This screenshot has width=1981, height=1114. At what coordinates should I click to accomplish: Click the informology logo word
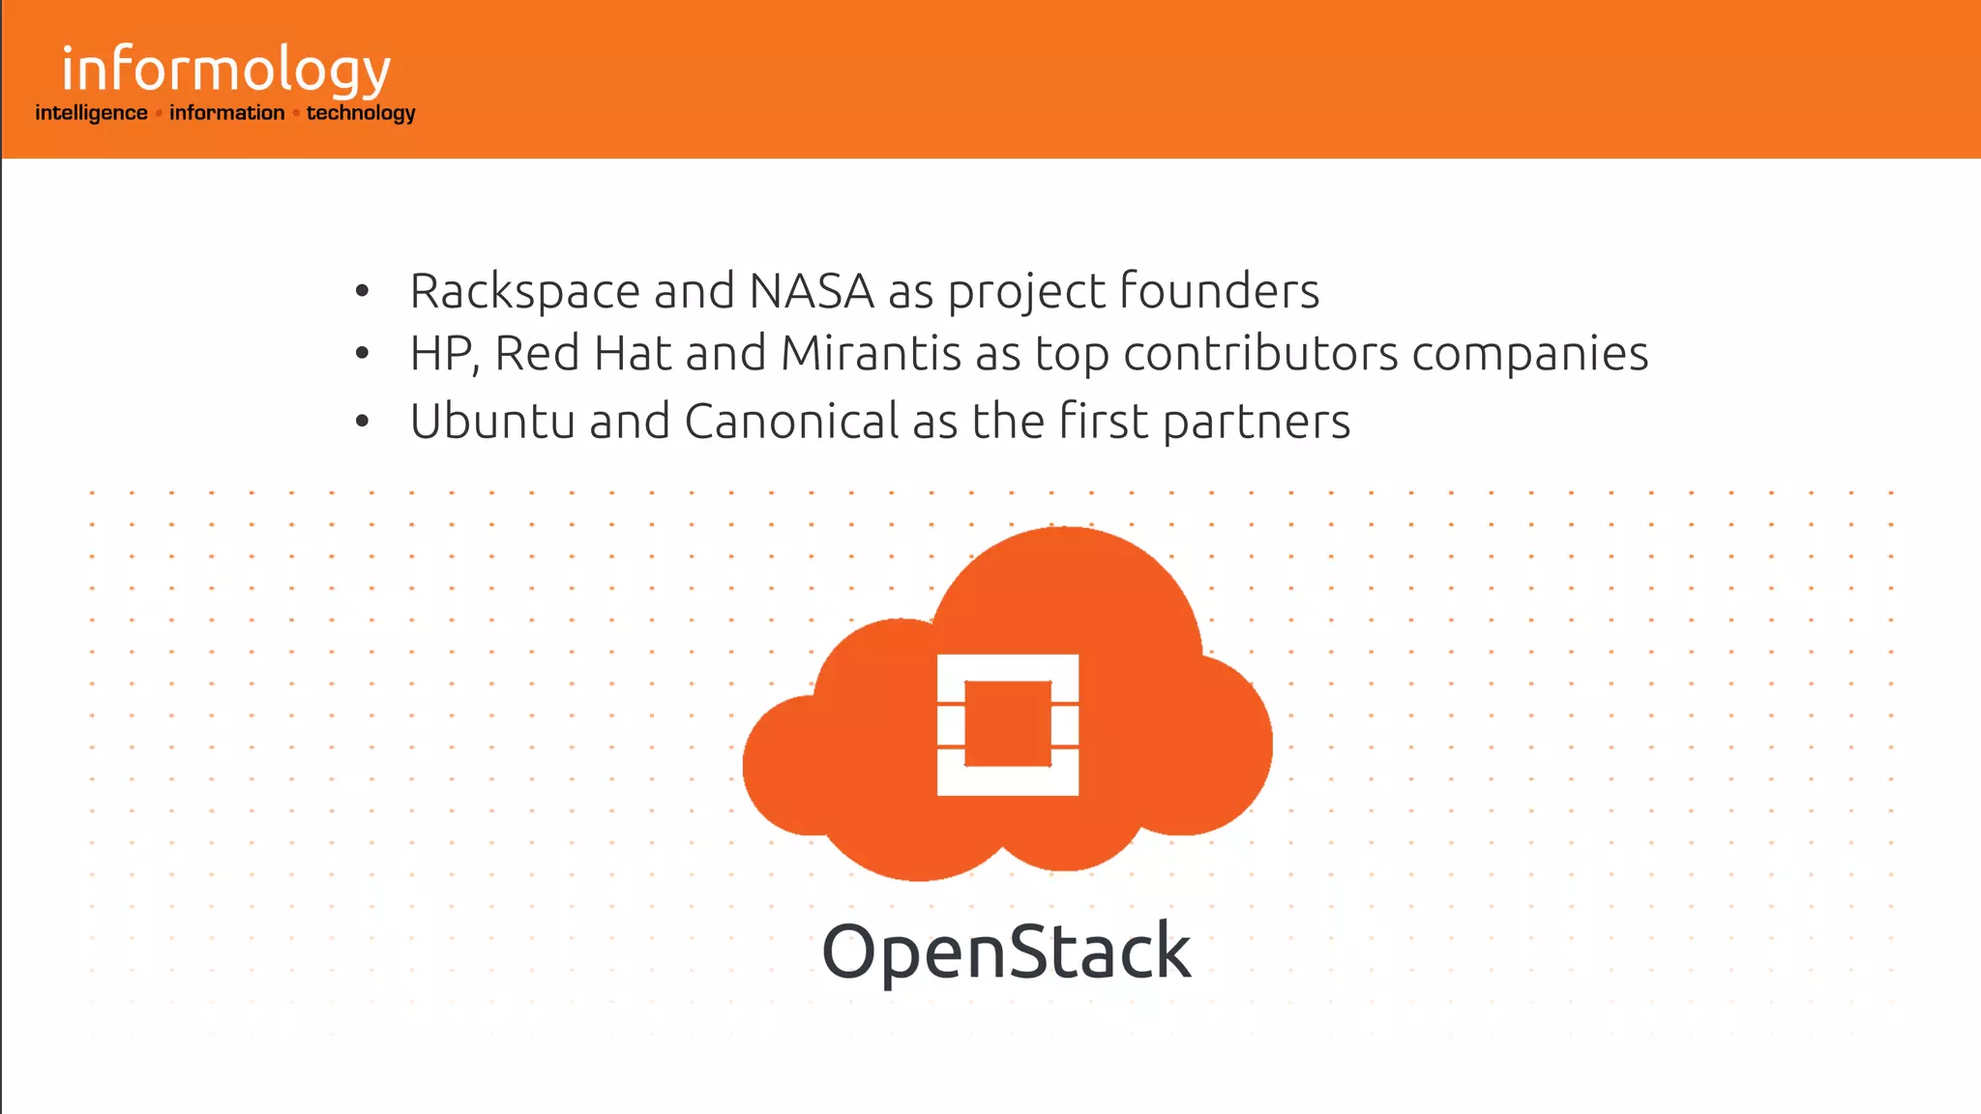[225, 71]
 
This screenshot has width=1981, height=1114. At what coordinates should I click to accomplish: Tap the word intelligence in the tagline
[91, 113]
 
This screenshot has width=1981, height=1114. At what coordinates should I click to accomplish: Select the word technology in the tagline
[361, 113]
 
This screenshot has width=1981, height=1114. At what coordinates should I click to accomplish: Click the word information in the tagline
[227, 113]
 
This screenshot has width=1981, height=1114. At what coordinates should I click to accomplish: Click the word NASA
[812, 291]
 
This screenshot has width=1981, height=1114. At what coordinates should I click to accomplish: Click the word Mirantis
[871, 354]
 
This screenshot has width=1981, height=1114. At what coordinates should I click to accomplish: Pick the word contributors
[1260, 354]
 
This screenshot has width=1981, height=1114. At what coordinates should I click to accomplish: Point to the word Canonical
[792, 422]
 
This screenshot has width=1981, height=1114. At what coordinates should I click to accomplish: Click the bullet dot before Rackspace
[362, 291]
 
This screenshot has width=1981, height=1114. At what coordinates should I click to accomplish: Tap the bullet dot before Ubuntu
[362, 422]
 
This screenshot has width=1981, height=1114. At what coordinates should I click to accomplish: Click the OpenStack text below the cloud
[1006, 953]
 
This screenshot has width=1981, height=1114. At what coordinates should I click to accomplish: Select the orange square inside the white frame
[1008, 724]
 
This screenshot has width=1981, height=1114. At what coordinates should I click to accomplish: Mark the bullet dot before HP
[362, 354]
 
